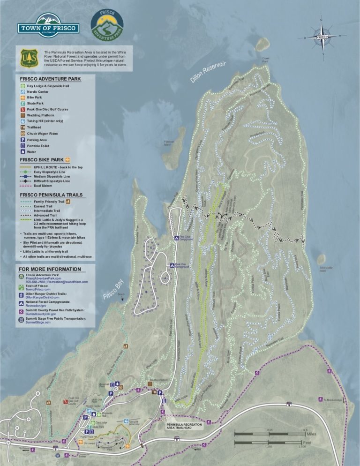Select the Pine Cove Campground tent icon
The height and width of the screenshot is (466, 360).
pos(177,238)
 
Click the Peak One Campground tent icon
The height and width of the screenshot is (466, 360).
pos(172,265)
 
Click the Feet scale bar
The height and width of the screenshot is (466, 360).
pos(270,442)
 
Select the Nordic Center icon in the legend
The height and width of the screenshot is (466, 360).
pos(22,92)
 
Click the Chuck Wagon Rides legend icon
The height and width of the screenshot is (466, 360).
pos(22,134)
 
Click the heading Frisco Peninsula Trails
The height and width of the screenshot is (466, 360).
pos(51,195)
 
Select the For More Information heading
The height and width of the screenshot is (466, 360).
pos(50,269)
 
